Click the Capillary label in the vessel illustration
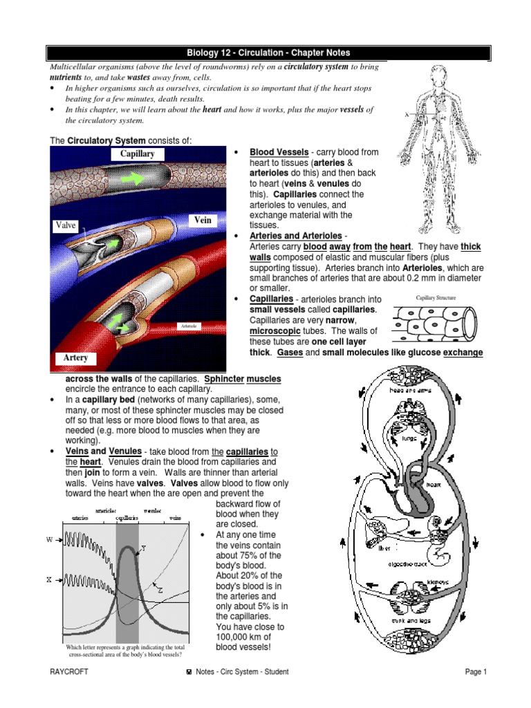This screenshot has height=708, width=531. [138, 153]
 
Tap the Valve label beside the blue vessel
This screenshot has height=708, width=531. [66, 225]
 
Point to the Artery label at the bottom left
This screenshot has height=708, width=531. [75, 357]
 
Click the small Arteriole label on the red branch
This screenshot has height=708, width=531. [188, 325]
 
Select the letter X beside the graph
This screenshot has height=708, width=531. [50, 580]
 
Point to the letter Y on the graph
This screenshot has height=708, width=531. [143, 548]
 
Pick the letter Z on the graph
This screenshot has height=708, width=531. [160, 590]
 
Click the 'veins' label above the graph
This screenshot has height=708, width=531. [176, 517]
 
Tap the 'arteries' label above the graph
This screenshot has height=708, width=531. [80, 517]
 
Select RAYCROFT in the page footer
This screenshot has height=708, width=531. [69, 671]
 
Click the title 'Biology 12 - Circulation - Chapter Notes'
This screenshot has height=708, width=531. [268, 53]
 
